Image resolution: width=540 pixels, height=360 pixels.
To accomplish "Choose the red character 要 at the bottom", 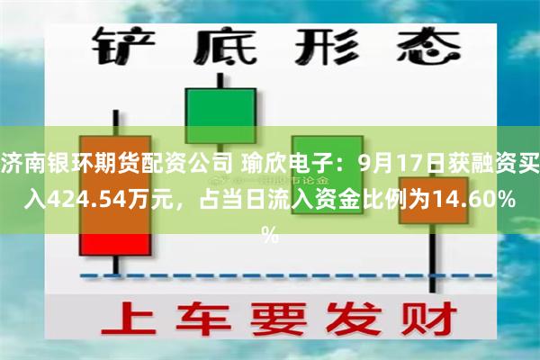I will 274,321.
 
